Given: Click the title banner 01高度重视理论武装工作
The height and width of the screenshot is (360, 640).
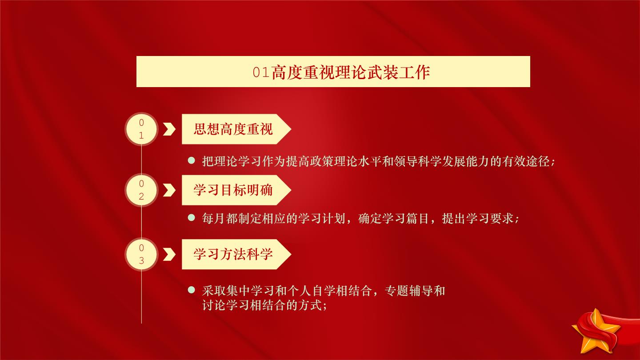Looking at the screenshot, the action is click(333, 72).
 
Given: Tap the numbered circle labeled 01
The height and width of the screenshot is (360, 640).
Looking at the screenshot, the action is click(141, 129).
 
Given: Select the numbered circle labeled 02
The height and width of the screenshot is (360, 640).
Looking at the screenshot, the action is click(141, 190).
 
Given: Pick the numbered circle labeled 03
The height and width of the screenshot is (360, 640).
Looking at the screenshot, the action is click(141, 254).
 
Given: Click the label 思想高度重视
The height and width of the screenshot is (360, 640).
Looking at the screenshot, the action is click(233, 129).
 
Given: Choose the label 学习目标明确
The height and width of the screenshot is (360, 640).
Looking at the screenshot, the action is click(233, 190).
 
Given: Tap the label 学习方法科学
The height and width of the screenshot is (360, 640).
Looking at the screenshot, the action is click(233, 254).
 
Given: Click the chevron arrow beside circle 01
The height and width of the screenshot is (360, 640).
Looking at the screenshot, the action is click(169, 129).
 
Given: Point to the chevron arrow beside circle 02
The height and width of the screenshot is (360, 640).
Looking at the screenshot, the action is click(169, 190).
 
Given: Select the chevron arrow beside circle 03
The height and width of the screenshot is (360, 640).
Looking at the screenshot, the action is click(169, 254).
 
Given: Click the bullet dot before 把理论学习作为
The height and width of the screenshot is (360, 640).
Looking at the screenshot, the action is click(192, 160).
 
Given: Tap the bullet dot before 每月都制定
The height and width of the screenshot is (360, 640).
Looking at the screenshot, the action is click(192, 218).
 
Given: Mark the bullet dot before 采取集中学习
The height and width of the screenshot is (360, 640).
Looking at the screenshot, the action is click(192, 290).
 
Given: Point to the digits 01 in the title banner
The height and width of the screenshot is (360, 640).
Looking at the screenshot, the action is click(261, 72).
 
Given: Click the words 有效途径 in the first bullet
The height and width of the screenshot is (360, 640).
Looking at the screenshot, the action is click(526, 162).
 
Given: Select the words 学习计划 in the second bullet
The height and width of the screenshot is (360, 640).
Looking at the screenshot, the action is click(322, 219).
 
